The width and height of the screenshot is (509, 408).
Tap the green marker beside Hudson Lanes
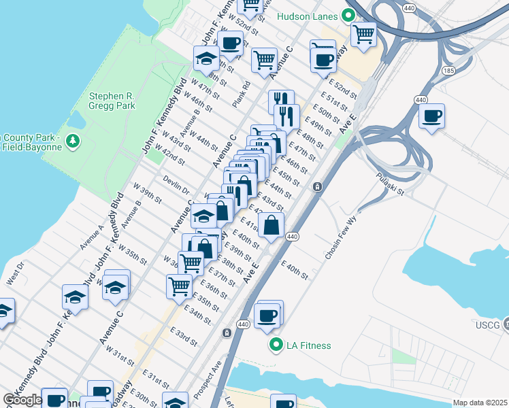point(349,15)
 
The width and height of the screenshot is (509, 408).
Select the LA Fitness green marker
point(276,345)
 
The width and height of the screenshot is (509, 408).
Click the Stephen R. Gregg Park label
point(112,101)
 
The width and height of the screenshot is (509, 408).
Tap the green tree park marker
point(73,141)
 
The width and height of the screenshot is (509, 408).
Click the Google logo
point(23,400)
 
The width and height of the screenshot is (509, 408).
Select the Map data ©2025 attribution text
point(480,403)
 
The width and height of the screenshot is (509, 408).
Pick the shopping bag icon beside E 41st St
point(271,224)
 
